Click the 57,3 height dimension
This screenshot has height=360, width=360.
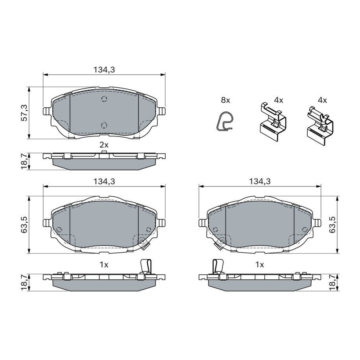[24, 113]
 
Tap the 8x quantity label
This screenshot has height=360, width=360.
[225, 100]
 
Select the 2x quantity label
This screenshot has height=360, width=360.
[104, 145]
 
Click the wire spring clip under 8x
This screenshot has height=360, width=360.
[224, 122]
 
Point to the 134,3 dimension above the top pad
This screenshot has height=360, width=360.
[104, 69]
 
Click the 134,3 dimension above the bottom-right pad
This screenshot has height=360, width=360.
[260, 181]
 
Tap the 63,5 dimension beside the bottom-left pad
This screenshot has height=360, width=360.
[24, 225]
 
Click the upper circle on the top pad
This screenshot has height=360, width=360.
[104, 99]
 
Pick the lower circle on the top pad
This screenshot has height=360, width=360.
[104, 125]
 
